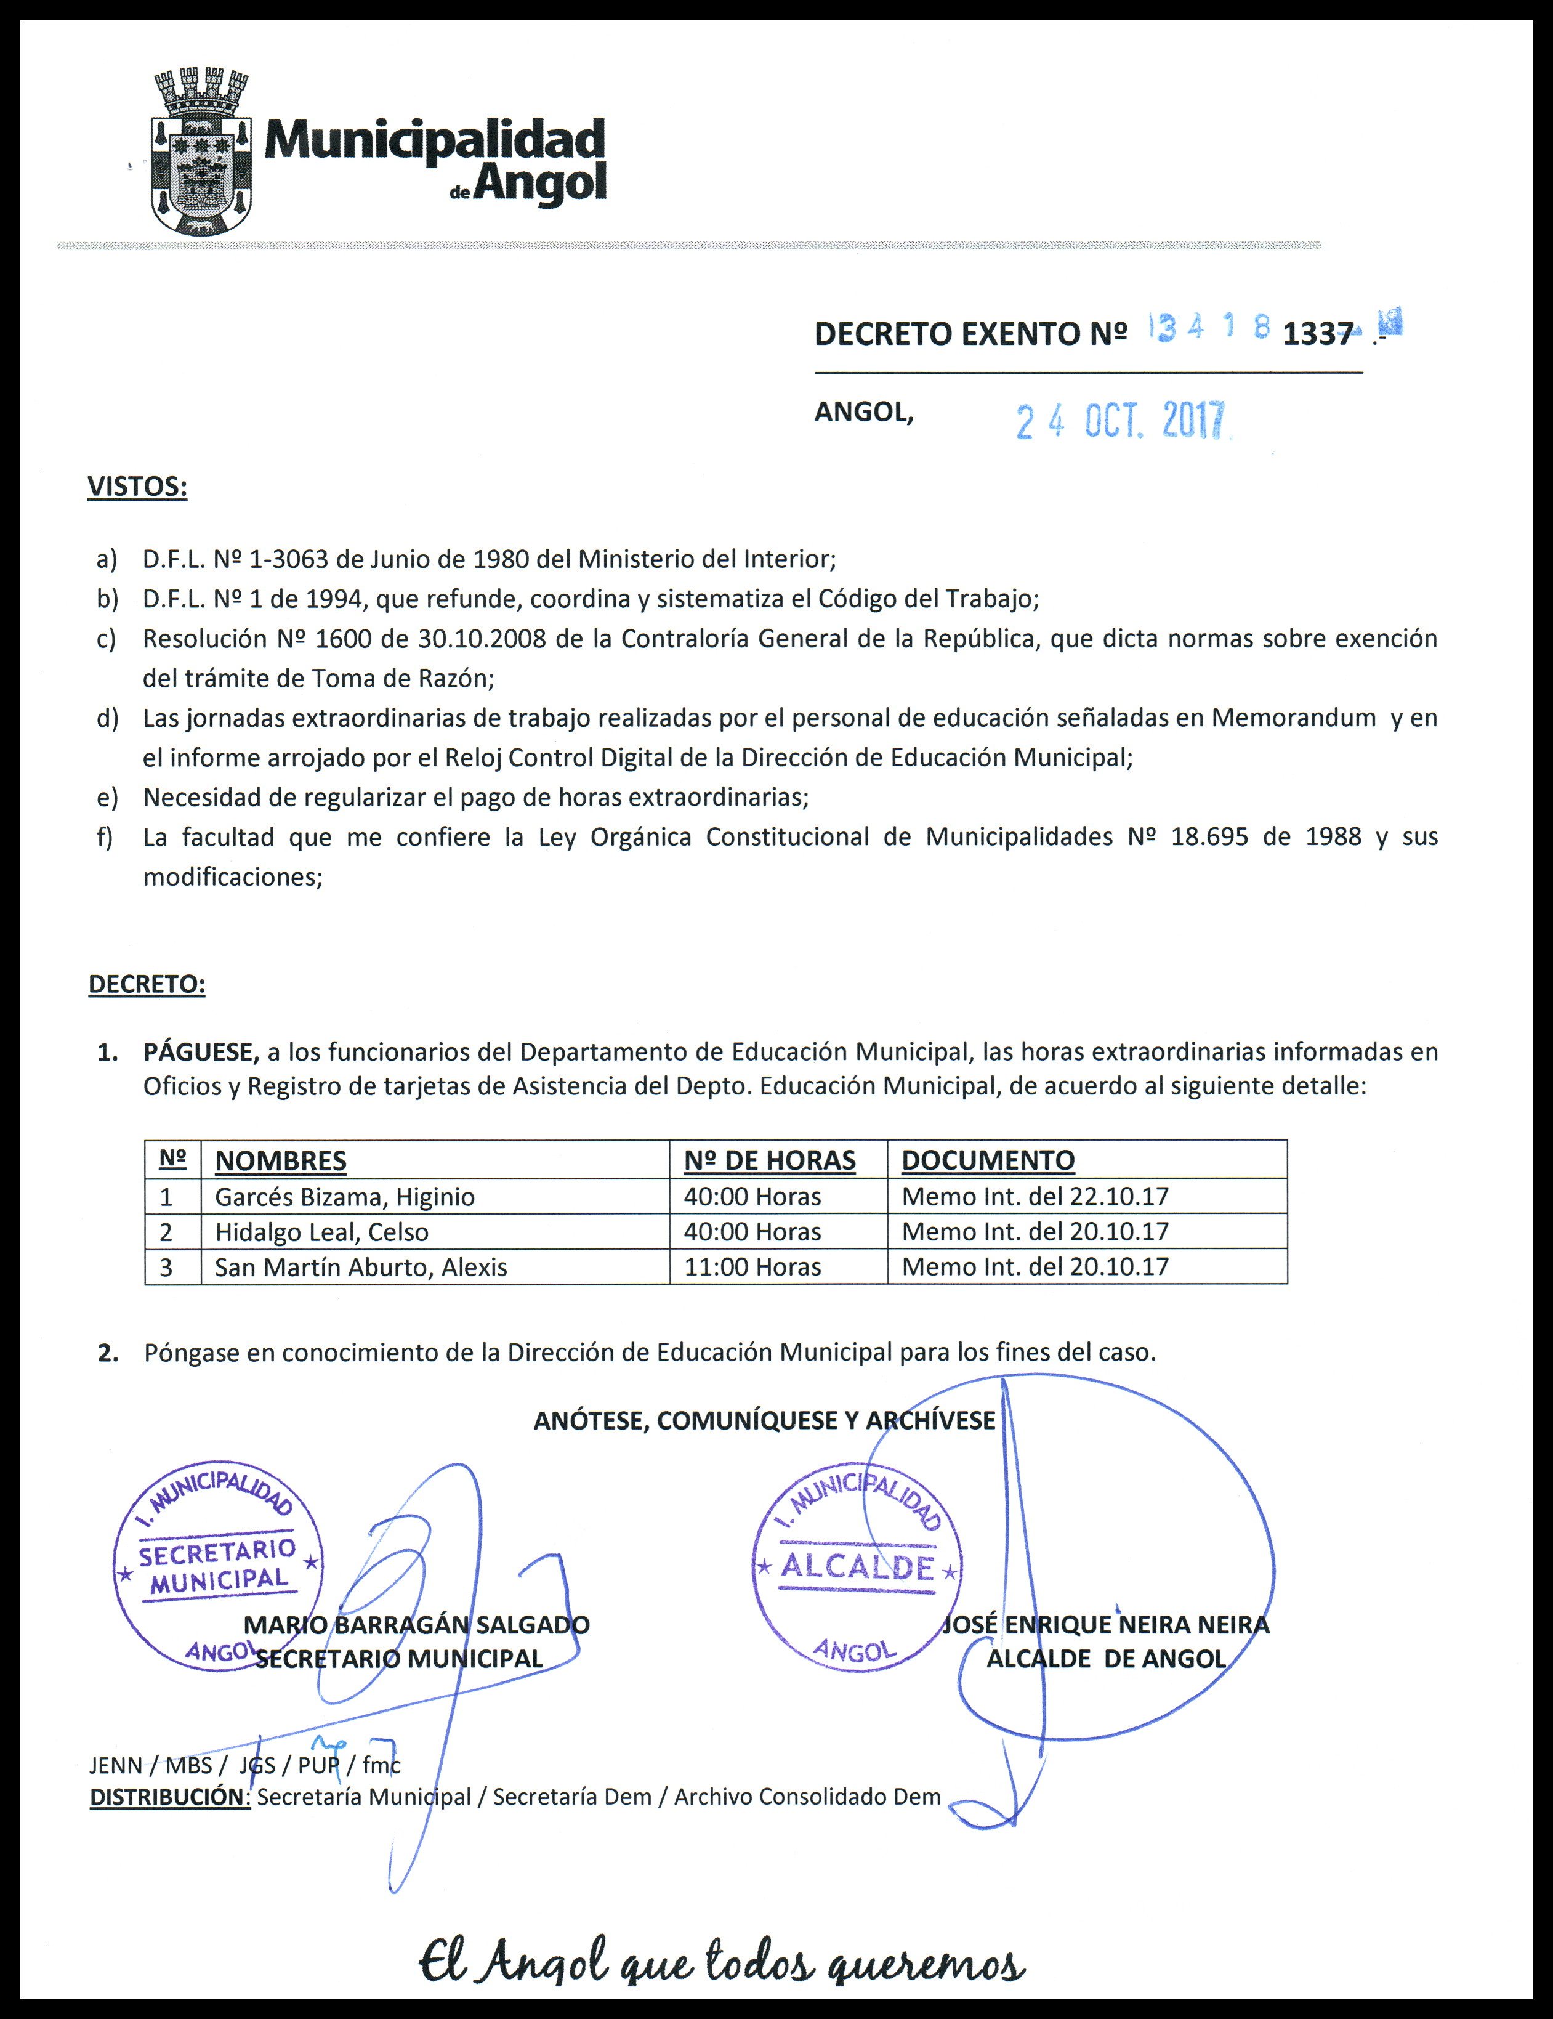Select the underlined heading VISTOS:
(137, 487)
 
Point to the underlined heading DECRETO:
(146, 984)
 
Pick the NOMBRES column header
(280, 1160)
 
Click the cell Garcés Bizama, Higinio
(345, 1197)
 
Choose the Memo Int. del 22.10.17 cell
(1035, 1197)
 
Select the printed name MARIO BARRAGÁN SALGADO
(416, 1624)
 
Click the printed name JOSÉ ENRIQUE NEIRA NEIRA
(1105, 1624)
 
